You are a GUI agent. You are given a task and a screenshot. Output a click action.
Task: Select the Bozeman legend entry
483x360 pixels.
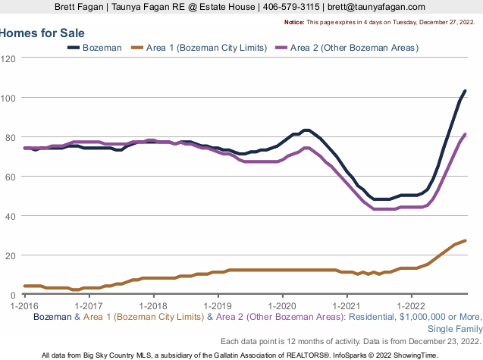point(102,48)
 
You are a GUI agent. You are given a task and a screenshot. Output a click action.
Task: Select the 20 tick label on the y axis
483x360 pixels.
point(13,255)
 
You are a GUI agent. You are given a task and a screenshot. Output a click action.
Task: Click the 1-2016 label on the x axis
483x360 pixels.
point(24,304)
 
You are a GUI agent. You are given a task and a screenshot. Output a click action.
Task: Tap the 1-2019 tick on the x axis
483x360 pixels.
point(218,304)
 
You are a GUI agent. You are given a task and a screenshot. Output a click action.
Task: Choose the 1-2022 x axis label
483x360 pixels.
point(411,304)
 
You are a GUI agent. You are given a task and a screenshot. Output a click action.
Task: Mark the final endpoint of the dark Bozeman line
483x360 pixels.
point(465,91)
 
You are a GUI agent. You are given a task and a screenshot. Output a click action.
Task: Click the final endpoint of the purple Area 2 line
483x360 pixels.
point(465,134)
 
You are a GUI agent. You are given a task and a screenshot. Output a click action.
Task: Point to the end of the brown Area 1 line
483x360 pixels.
point(465,240)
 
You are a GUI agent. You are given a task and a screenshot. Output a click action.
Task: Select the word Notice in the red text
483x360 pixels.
point(294,23)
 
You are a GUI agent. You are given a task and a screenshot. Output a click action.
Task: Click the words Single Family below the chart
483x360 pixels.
point(451,329)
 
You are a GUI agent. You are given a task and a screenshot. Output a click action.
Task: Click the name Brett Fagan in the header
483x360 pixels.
point(82,7)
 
